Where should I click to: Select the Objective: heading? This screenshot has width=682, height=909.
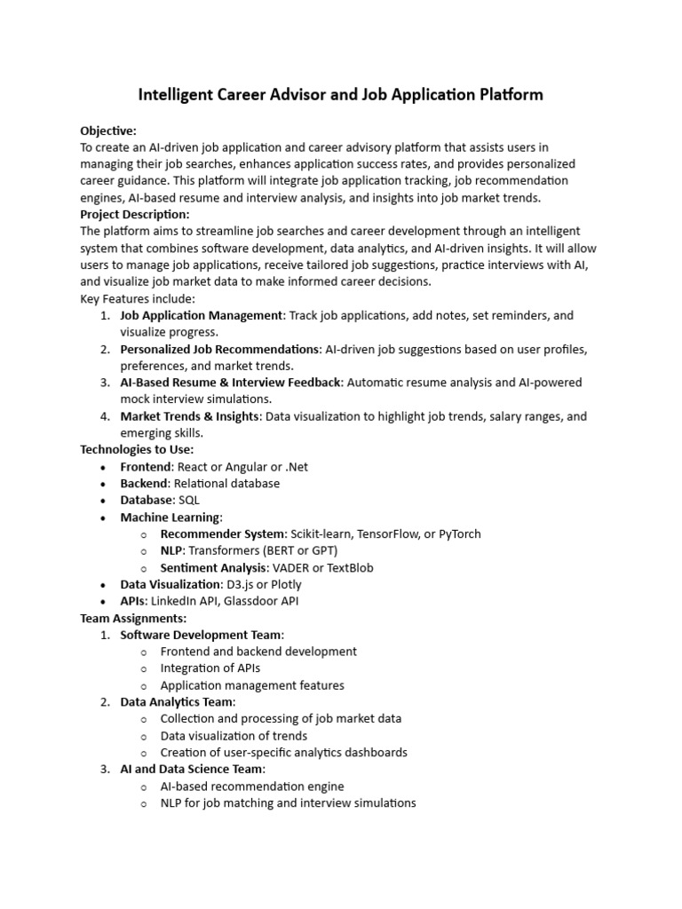108,130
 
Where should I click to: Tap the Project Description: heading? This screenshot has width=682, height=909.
135,214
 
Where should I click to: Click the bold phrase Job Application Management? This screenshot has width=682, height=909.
201,315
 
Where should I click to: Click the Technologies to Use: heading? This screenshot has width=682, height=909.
137,450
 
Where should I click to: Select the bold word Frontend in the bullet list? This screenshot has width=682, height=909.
146,467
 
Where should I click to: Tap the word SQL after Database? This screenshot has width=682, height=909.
188,501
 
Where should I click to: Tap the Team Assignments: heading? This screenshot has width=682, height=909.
133,619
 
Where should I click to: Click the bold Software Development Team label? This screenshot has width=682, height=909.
202,636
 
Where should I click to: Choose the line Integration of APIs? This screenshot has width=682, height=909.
210,668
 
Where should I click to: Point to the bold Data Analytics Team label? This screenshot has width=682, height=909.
178,702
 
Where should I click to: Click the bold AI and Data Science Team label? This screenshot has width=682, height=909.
192,770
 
